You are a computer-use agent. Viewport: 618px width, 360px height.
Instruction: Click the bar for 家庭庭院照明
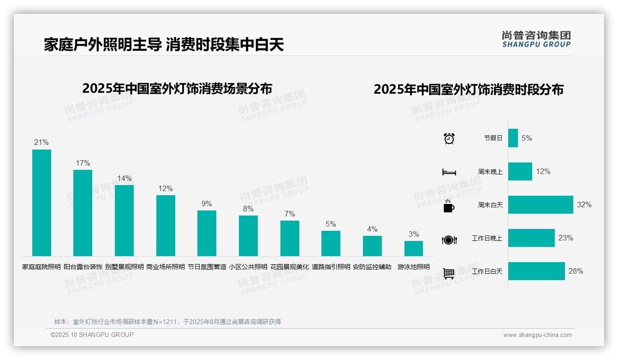(x=42, y=203)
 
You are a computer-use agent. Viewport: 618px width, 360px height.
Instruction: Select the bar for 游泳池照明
(x=414, y=248)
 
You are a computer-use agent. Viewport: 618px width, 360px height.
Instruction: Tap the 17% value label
(x=83, y=163)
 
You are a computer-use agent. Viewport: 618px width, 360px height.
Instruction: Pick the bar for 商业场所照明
(x=166, y=225)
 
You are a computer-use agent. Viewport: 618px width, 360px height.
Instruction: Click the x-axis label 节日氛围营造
(x=207, y=267)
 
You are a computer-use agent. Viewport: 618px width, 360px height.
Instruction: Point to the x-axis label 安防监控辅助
(x=372, y=267)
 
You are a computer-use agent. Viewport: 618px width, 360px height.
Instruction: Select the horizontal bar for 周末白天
(x=541, y=204)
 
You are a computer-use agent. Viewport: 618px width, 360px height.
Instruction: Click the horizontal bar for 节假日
(x=513, y=138)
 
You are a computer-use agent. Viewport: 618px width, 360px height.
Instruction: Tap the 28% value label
(x=576, y=271)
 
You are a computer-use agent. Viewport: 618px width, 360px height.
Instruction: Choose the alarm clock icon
(x=449, y=138)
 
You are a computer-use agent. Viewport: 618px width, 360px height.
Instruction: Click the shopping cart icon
(x=449, y=273)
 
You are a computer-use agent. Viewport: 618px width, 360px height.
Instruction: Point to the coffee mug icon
(x=449, y=206)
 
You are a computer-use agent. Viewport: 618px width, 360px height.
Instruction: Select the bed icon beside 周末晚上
(x=449, y=172)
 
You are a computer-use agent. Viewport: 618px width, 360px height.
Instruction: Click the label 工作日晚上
(x=487, y=238)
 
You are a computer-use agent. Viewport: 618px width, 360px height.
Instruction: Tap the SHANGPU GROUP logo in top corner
(x=536, y=39)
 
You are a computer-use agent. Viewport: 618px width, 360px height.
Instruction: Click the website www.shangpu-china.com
(x=537, y=335)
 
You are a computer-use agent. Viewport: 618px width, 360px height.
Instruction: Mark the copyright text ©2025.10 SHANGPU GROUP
(x=92, y=335)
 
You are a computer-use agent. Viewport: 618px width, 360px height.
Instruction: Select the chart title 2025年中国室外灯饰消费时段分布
(x=469, y=90)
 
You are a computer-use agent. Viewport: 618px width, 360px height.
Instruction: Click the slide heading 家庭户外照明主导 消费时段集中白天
(x=164, y=44)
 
